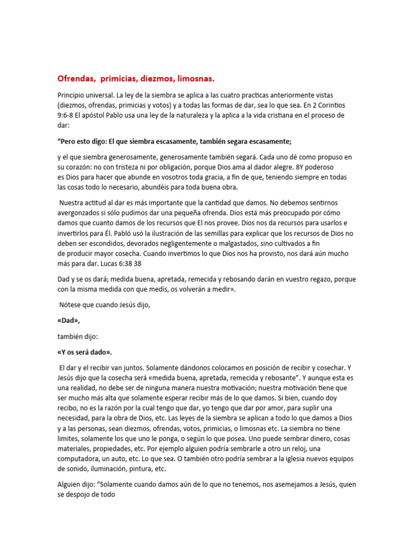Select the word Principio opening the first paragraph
(x=73, y=95)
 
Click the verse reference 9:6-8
(x=67, y=115)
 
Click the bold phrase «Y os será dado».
(x=85, y=352)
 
